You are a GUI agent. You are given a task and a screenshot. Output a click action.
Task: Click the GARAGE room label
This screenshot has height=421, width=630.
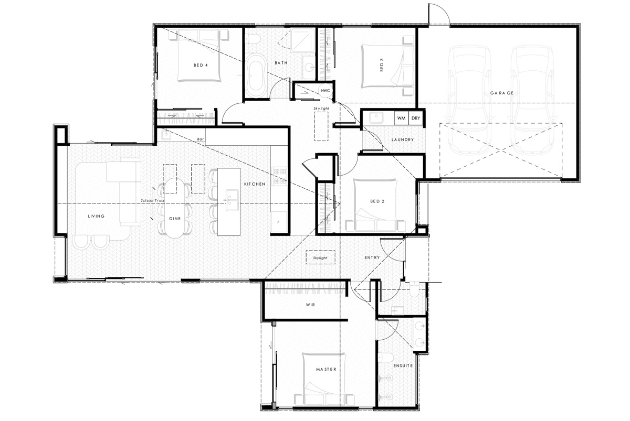(x=502, y=93)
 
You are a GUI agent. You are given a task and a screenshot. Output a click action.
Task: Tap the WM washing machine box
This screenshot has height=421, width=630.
(x=401, y=118)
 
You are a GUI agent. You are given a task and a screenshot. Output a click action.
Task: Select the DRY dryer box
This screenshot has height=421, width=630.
(x=416, y=118)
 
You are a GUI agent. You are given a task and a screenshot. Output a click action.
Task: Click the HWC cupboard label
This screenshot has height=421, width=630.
(x=325, y=91)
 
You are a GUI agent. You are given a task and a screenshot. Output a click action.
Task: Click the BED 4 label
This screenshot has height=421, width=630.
(x=201, y=66)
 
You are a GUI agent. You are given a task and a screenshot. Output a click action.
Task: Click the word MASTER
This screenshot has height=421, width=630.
(x=325, y=369)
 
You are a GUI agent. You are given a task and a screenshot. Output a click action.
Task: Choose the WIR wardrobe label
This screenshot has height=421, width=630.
(x=310, y=305)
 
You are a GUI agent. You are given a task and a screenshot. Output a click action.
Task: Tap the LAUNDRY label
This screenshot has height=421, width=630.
(x=403, y=140)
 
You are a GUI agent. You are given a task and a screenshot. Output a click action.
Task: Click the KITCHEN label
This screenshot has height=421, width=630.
(x=255, y=184)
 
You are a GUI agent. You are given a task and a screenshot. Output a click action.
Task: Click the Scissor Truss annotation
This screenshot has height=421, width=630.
(x=153, y=201)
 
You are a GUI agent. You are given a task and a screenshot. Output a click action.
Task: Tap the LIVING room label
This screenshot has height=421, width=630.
(x=96, y=216)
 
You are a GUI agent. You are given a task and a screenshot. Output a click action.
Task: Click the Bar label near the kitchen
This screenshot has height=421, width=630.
(x=200, y=139)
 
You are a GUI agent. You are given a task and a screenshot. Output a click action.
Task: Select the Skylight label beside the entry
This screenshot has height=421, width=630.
(x=320, y=258)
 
